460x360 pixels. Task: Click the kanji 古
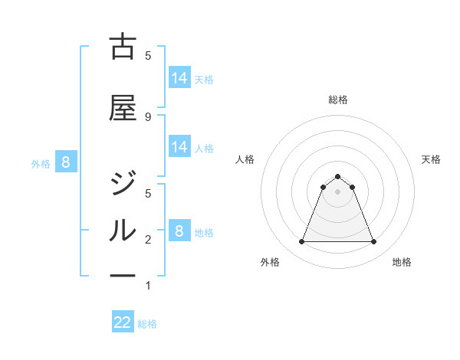[123, 47]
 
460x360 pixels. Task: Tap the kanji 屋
[123, 109]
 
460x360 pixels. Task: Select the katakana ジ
[123, 184]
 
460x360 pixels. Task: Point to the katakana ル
[123, 230]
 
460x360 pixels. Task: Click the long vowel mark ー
[123, 275]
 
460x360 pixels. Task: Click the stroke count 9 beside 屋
[148, 116]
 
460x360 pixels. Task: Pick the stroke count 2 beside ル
[148, 240]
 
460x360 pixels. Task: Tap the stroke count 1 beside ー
[148, 286]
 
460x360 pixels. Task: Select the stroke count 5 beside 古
[148, 55]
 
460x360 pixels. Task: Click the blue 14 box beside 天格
[179, 78]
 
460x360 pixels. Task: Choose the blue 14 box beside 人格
[179, 147]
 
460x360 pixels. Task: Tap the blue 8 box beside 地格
[179, 231]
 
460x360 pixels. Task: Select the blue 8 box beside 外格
[66, 162]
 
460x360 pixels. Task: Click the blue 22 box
[123, 322]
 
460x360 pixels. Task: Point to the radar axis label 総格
[338, 100]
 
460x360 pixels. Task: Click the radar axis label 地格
[402, 263]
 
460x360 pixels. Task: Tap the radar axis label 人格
[245, 159]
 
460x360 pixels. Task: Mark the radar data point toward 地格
[374, 242]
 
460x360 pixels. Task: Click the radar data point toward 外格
[301, 242]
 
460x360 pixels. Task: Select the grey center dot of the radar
[338, 191]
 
